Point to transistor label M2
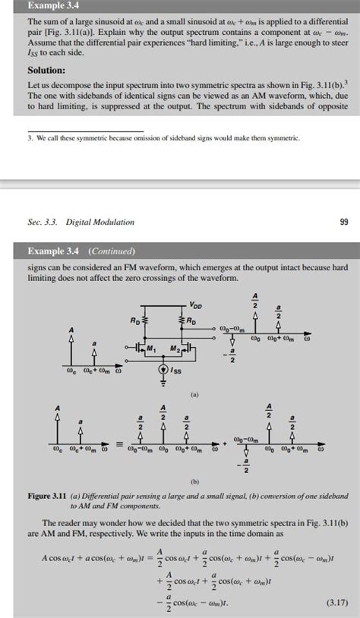click(x=196, y=350)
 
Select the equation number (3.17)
click(x=333, y=602)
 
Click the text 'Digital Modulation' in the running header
click(x=99, y=222)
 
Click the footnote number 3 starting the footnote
click(x=27, y=138)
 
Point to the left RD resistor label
click(x=134, y=321)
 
